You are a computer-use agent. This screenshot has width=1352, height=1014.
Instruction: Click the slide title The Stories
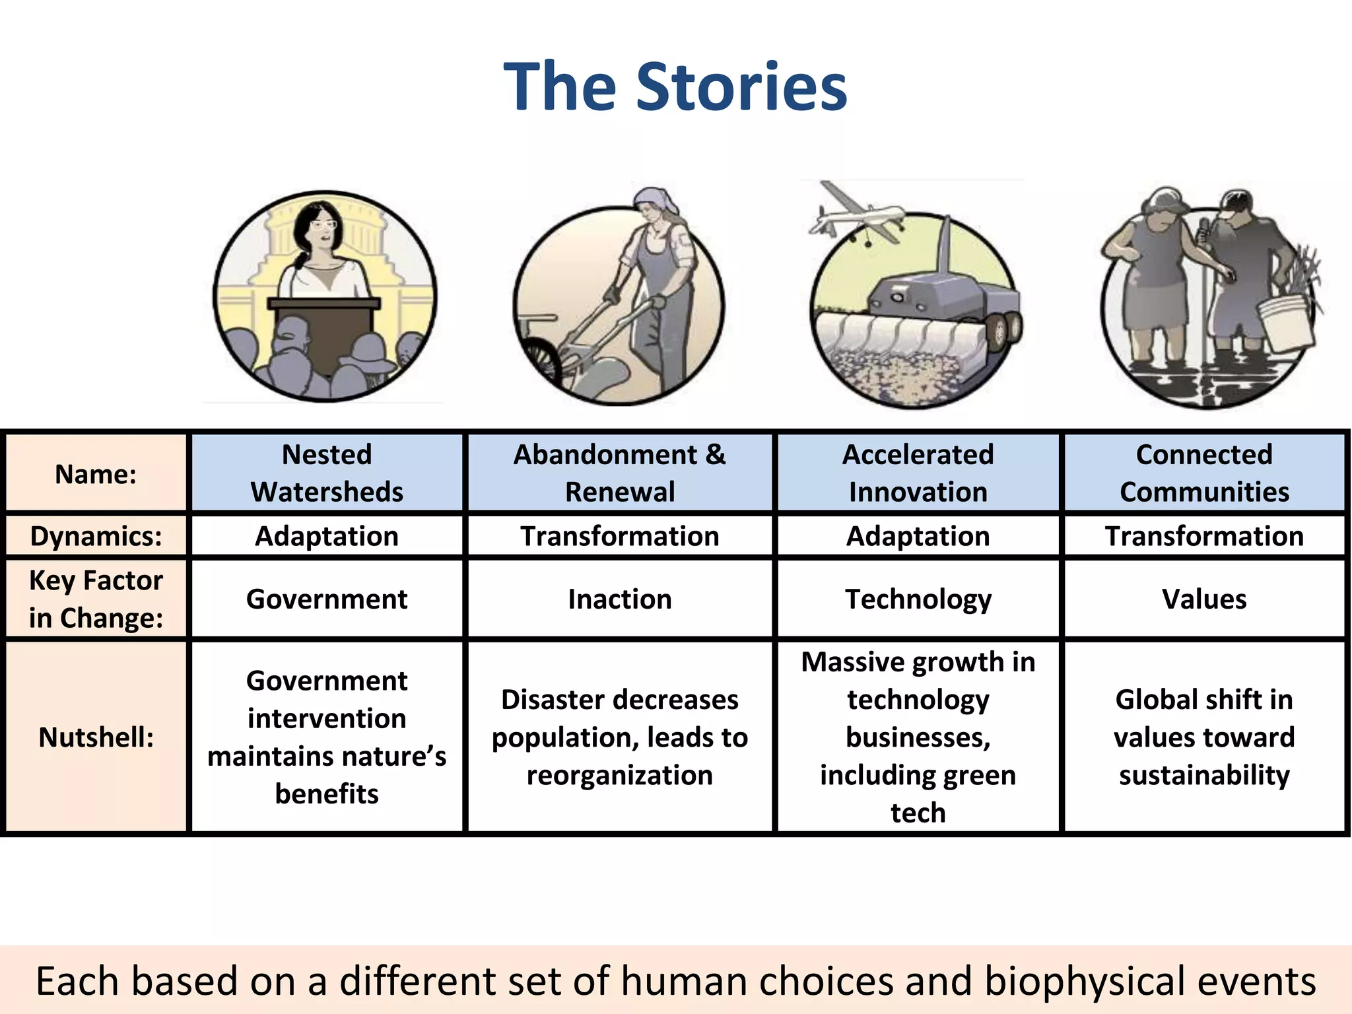pos(675,86)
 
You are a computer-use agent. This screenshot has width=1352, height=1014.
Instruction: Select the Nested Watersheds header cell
pos(327,473)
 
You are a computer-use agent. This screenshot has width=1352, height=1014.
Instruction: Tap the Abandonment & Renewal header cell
pos(619,473)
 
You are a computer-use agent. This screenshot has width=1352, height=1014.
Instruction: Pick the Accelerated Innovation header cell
pos(918,473)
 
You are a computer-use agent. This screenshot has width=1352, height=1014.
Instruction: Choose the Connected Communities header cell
pos(1204,473)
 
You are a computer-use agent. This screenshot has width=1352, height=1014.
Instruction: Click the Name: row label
pos(96,474)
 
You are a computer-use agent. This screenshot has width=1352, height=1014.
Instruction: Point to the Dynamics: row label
pos(96,536)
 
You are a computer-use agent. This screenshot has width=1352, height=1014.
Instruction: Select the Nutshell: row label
pos(96,737)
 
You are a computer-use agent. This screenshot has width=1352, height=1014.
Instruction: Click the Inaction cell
pos(619,599)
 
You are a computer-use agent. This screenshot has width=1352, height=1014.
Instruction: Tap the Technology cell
pos(918,599)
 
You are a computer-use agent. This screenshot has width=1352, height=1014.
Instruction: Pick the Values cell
pos(1204,599)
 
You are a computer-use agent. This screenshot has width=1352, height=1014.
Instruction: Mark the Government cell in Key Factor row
pos(327,599)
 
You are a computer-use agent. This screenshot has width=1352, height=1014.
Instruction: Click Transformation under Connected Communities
pos(1204,536)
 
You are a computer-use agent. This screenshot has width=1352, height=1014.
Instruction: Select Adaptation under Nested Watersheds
pos(327,536)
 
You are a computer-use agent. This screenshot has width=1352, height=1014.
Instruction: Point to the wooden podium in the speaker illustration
pos(323,330)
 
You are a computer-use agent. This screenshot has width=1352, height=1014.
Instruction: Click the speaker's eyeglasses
pos(323,224)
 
